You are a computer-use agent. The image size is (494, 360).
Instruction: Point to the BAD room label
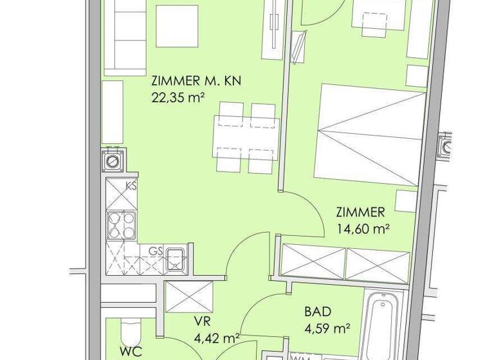(x=318, y=312)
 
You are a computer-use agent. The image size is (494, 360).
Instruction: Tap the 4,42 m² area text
(x=217, y=336)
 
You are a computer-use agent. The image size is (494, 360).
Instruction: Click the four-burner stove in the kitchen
(x=121, y=225)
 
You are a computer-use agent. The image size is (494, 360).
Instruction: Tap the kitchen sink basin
(x=174, y=260)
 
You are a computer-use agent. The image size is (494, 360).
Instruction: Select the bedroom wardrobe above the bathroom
(x=345, y=262)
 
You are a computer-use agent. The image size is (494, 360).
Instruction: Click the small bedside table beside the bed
(x=407, y=201)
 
